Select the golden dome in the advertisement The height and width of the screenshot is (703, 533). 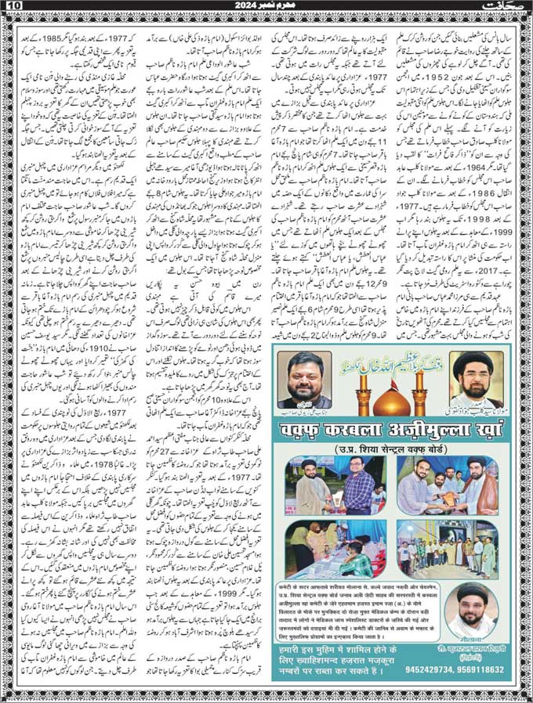pos(389,400)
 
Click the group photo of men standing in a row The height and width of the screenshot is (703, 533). pos(447,545)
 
